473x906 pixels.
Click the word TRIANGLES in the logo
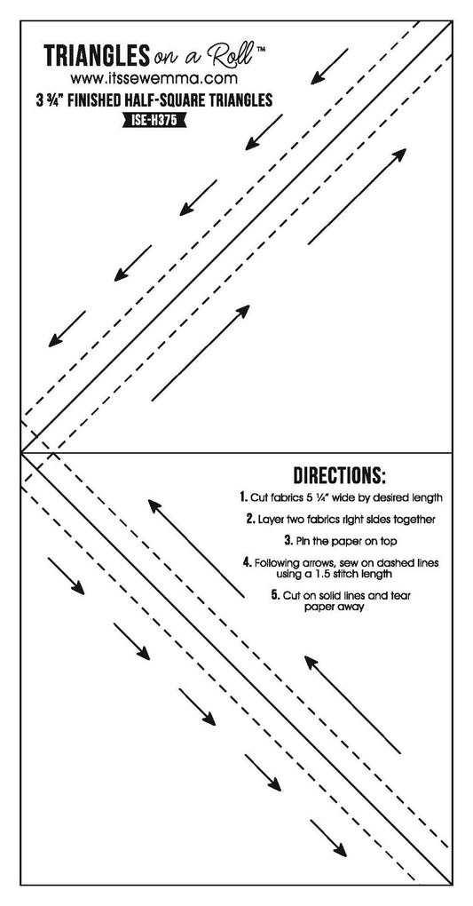(97, 55)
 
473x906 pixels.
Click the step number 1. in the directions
(244, 497)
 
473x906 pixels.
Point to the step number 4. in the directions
(248, 562)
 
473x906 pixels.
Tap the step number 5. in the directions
(275, 594)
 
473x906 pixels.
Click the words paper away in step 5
(334, 607)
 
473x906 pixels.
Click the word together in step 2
(414, 520)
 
